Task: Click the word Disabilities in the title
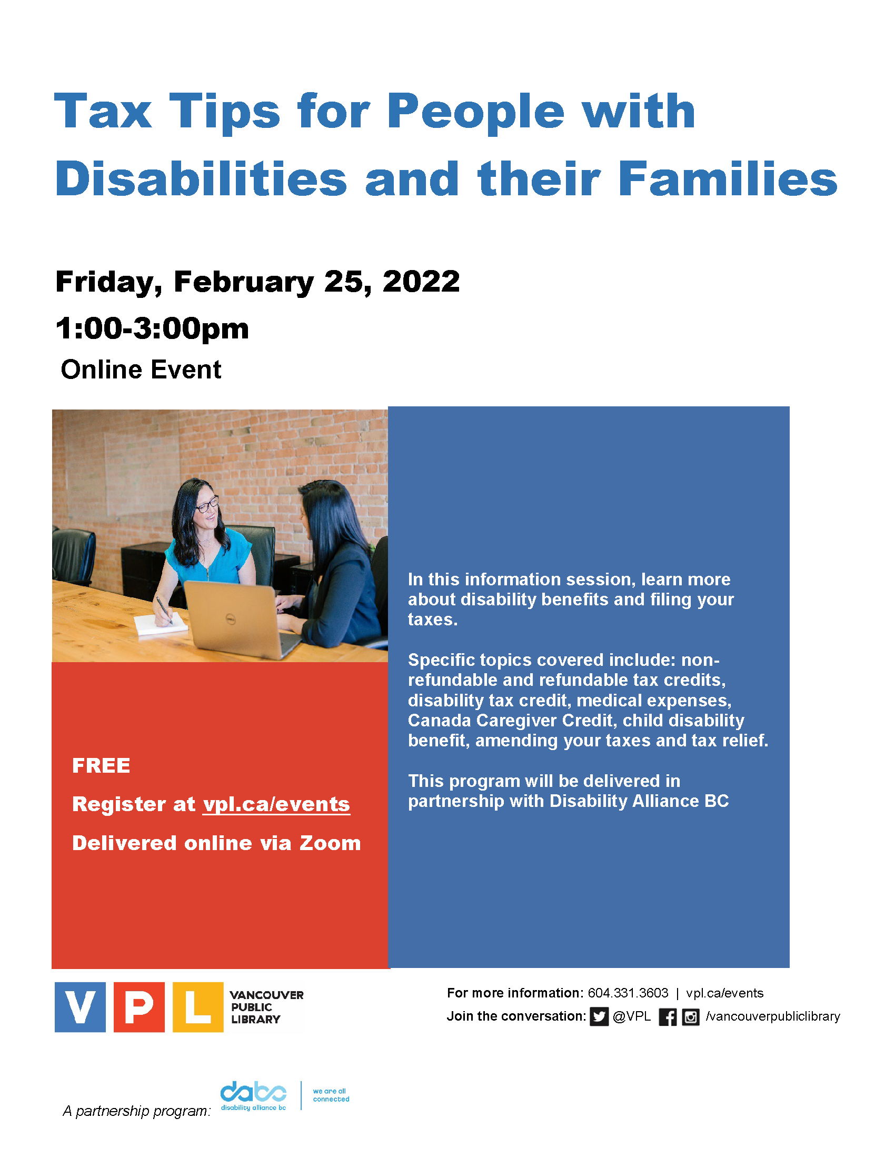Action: point(201,178)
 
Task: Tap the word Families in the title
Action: point(727,178)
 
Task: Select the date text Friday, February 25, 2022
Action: point(257,282)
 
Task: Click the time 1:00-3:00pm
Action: point(152,328)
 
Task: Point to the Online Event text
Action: point(141,370)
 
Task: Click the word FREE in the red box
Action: point(101,766)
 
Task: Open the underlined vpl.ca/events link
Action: point(276,804)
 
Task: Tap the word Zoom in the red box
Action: point(330,843)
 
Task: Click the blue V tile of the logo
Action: point(80,1007)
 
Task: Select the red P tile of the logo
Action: point(139,1007)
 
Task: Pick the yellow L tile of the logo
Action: point(198,1007)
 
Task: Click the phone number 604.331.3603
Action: point(628,993)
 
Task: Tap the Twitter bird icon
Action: point(599,1017)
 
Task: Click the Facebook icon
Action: point(668,1017)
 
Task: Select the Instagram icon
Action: point(690,1017)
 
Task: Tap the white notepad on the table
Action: point(161,624)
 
